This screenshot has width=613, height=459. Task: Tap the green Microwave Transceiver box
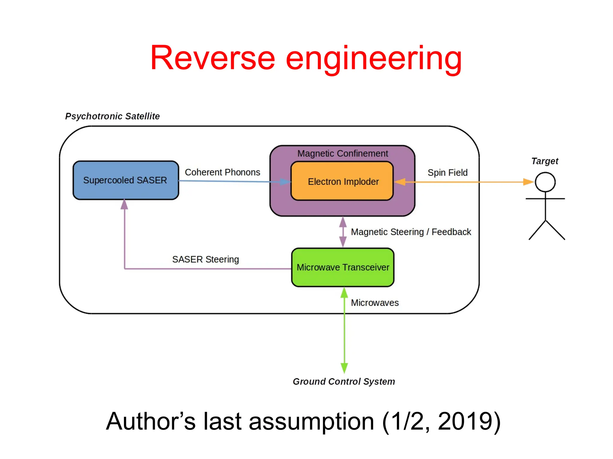pyautogui.click(x=343, y=267)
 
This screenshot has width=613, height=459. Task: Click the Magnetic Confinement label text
pyautogui.click(x=342, y=153)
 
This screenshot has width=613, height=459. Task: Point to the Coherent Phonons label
pyautogui.click(x=222, y=172)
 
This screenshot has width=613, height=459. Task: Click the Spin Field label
pyautogui.click(x=447, y=172)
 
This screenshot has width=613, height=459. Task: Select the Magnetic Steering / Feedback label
pyautogui.click(x=411, y=232)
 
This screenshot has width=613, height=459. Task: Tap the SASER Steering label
pyautogui.click(x=205, y=259)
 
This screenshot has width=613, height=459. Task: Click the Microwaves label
pyautogui.click(x=374, y=303)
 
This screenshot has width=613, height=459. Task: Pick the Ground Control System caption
pyautogui.click(x=344, y=382)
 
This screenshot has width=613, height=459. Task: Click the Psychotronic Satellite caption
pyautogui.click(x=112, y=116)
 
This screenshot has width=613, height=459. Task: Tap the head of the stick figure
pyautogui.click(x=545, y=182)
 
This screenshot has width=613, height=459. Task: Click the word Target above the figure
pyautogui.click(x=544, y=161)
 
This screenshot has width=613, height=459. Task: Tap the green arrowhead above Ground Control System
pyautogui.click(x=344, y=367)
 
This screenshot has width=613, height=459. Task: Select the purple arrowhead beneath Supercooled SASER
pyautogui.click(x=124, y=205)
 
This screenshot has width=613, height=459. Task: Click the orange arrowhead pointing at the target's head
pyautogui.click(x=528, y=182)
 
